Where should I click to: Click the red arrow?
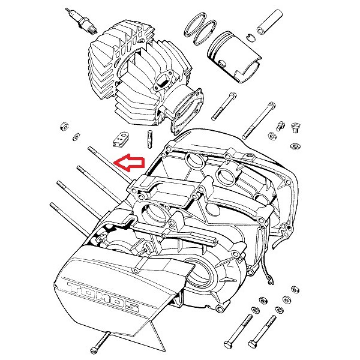click(x=129, y=163)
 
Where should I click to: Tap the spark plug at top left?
click(x=82, y=21)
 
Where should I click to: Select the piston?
click(x=235, y=56)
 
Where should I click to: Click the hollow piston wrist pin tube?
click(x=269, y=22)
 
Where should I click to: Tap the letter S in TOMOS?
click(x=130, y=307)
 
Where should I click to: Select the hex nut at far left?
click(x=64, y=126)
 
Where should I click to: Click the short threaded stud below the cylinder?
click(x=150, y=139)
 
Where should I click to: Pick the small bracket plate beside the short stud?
click(x=121, y=140)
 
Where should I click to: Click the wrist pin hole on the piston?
click(x=223, y=63)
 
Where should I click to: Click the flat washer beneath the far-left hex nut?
click(x=76, y=137)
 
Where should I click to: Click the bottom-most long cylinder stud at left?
click(x=70, y=220)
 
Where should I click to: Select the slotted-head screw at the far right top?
click(x=296, y=128)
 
